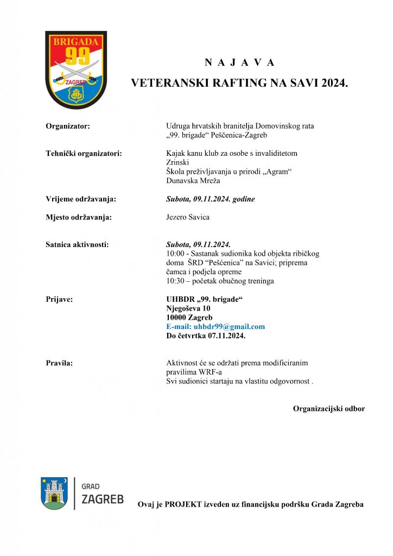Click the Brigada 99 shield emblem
[x=75, y=69]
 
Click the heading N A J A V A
[x=239, y=62]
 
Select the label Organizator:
[x=68, y=126]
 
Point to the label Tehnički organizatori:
[x=84, y=154]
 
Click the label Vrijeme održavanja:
[x=81, y=199]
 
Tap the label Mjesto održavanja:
[x=79, y=218]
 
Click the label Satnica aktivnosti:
[x=77, y=245]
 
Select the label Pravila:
[x=59, y=363]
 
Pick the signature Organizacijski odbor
[x=328, y=408]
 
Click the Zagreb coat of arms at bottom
[x=54, y=493]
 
